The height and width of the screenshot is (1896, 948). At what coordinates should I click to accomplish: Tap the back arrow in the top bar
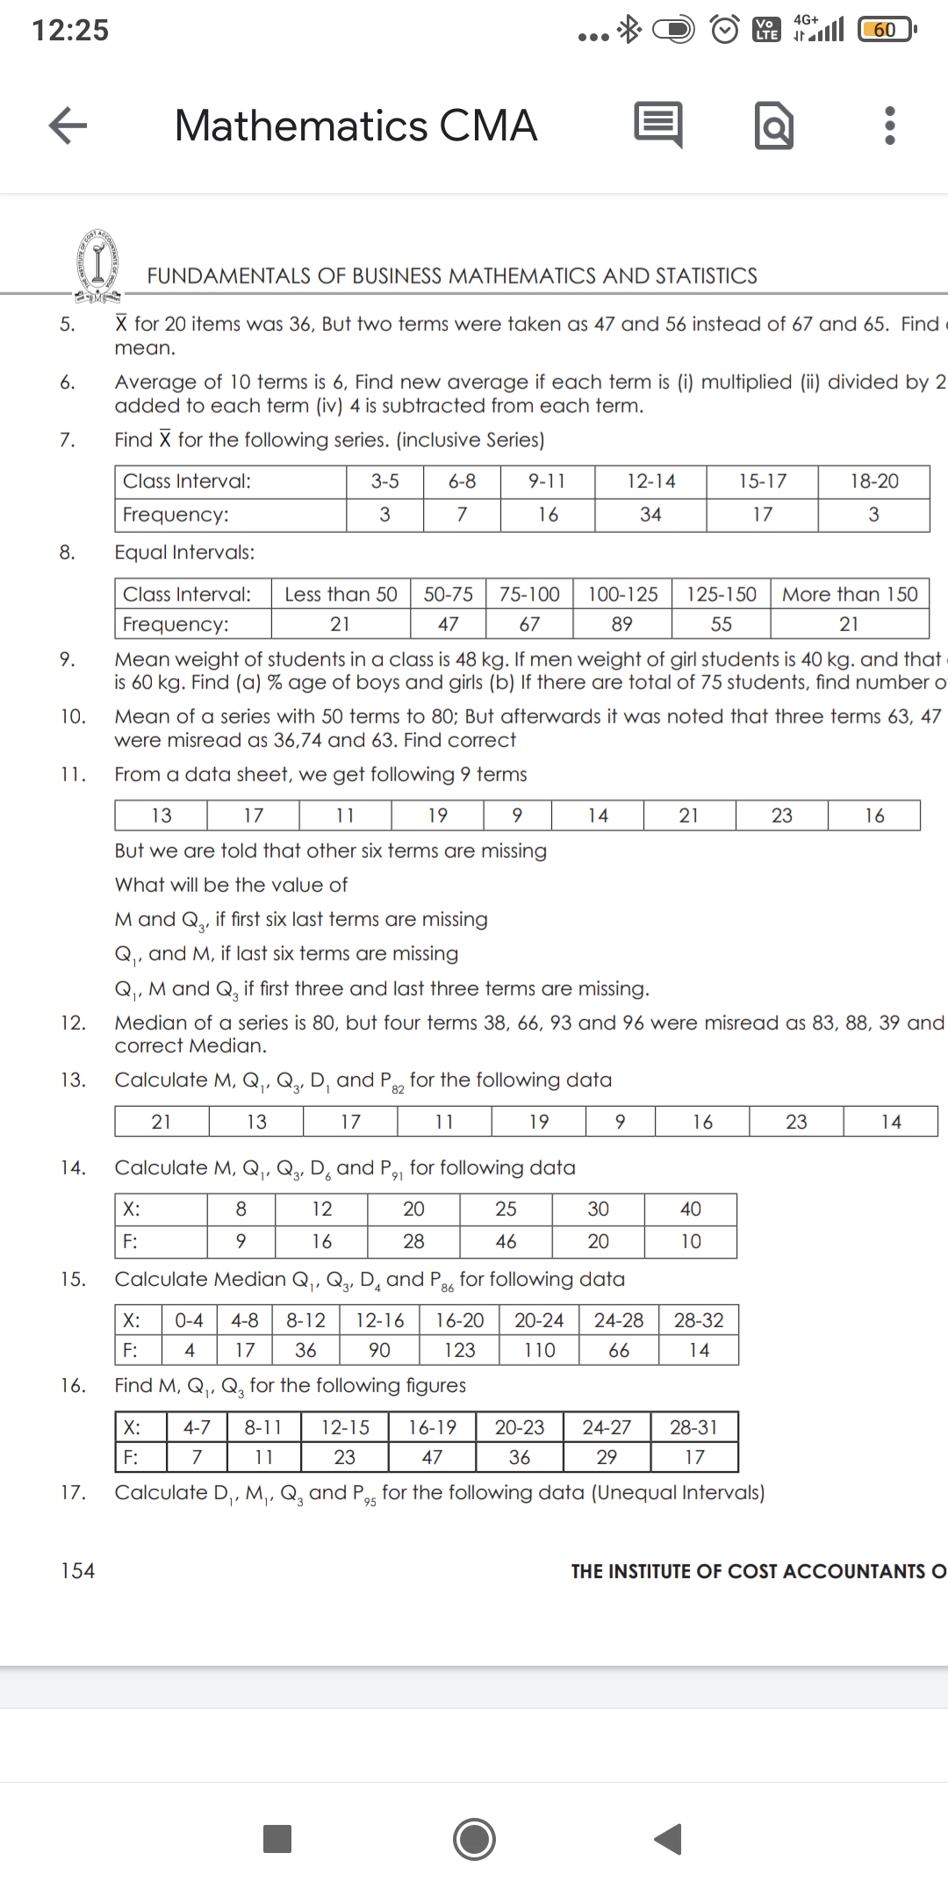[68, 126]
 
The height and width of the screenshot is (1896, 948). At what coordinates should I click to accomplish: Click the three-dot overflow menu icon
[889, 126]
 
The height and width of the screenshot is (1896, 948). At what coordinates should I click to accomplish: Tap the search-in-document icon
[774, 126]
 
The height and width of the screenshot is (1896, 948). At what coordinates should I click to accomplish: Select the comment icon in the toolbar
[657, 126]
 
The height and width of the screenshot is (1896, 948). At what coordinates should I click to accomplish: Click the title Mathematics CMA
[355, 126]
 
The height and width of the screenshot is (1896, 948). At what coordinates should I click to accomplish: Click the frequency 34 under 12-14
[650, 514]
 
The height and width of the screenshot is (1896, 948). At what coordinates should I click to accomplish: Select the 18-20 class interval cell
[874, 481]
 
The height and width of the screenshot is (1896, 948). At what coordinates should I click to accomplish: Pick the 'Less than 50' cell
[341, 594]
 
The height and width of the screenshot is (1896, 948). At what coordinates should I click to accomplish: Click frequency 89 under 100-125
[621, 624]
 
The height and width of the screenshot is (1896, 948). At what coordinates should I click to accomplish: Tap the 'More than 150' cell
[850, 594]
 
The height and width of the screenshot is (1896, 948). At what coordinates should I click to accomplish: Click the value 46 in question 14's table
[506, 1241]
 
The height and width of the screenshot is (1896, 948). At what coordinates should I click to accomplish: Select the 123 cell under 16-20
[460, 1350]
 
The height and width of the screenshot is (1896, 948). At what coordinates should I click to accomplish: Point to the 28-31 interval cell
[694, 1427]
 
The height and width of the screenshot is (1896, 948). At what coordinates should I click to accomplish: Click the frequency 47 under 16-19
[432, 1457]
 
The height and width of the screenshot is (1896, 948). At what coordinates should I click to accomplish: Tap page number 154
[77, 1570]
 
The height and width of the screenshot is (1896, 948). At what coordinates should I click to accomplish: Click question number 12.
[73, 1023]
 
